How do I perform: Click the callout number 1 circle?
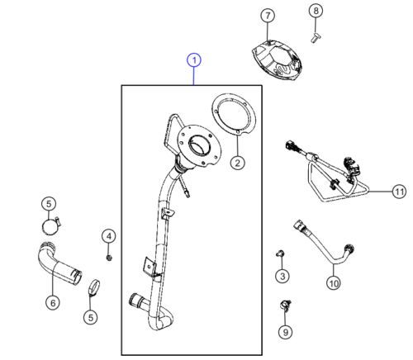[193, 60]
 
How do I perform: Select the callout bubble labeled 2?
[237, 163]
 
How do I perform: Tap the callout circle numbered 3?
[282, 275]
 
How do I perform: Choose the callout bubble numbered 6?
[53, 303]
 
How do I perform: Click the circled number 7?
[267, 16]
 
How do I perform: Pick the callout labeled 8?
[315, 11]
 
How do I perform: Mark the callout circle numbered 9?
[285, 333]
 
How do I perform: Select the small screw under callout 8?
[315, 36]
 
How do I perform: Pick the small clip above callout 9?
[287, 305]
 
